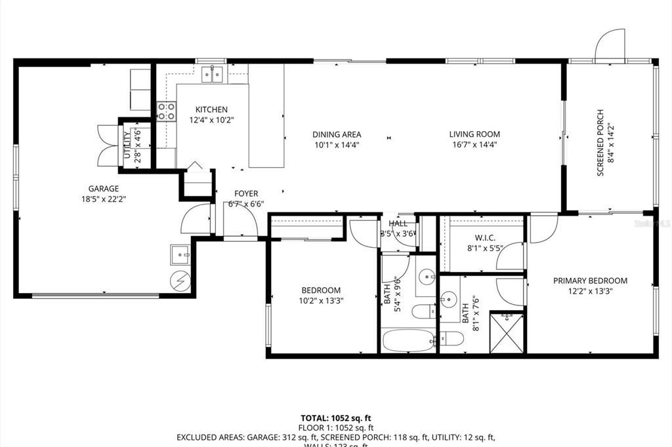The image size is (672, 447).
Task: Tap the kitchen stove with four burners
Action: [166, 111]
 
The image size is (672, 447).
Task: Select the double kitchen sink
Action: [211, 74]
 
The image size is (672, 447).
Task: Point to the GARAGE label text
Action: [104, 189]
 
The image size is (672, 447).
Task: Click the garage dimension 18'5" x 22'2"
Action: [104, 199]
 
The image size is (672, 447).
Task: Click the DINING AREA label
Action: [336, 134]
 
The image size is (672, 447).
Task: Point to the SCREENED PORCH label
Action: [599, 143]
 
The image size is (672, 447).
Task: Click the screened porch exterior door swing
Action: [610, 45]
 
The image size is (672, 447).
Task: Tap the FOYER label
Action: [246, 193]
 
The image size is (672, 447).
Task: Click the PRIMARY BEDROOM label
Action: [590, 281]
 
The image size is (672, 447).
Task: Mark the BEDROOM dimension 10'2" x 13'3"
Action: [321, 301]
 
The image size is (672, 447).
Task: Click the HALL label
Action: [398, 224]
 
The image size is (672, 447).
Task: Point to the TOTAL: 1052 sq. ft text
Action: [335, 418]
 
